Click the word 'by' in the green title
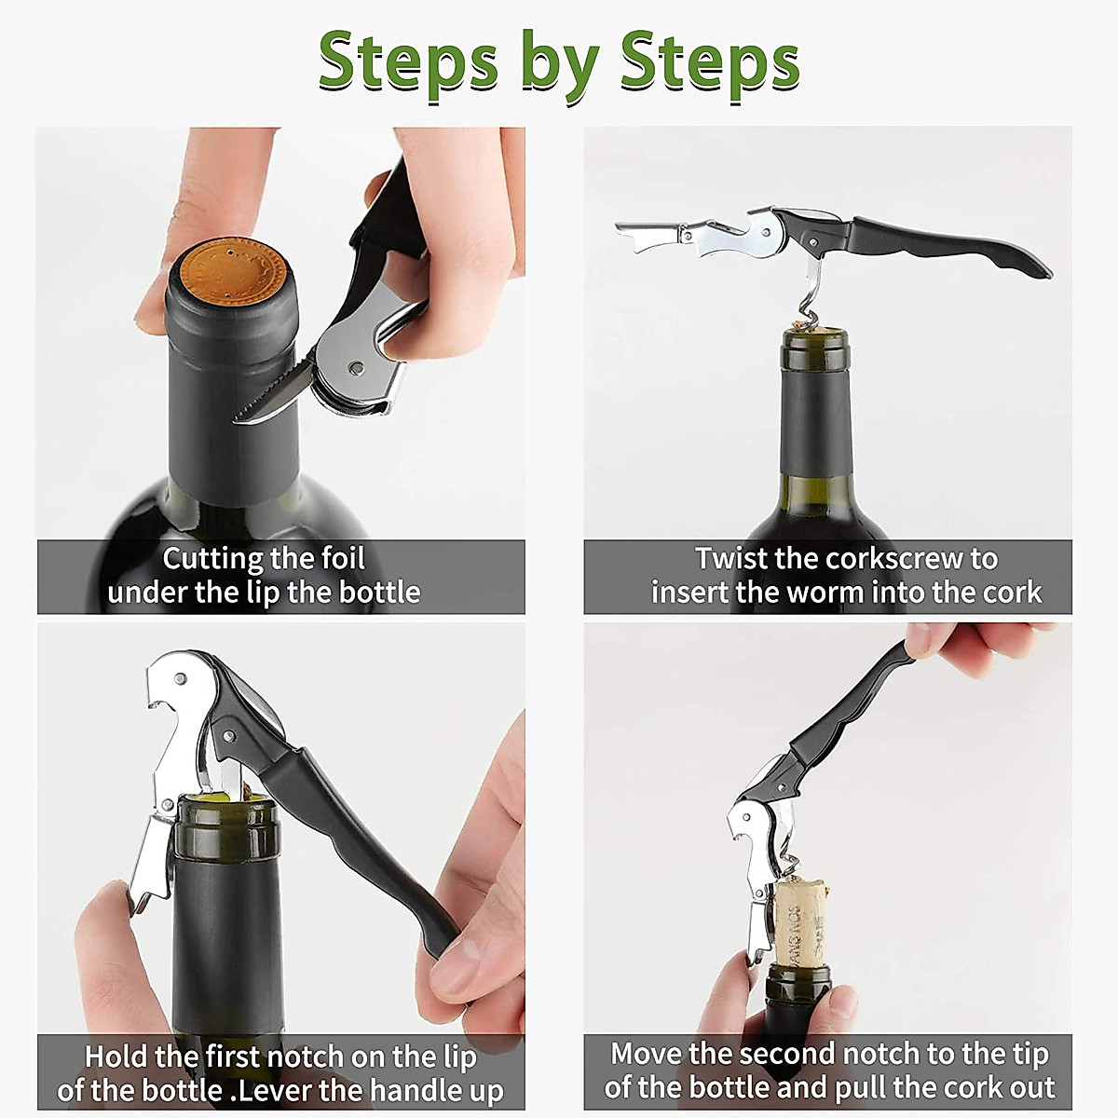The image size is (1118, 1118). [560, 68]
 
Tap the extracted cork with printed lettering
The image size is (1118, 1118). [801, 923]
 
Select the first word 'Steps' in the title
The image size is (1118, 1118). [408, 61]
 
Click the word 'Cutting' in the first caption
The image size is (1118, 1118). [213, 559]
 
